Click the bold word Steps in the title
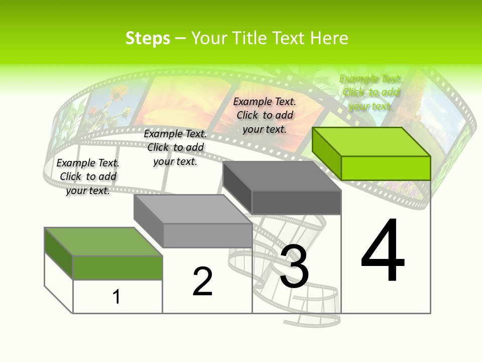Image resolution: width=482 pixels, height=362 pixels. (148, 39)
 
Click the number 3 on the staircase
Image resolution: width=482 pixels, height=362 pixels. (294, 266)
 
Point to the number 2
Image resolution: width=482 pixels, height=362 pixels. (203, 282)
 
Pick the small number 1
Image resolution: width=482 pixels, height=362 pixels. (116, 297)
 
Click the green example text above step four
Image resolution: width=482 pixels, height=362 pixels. (371, 92)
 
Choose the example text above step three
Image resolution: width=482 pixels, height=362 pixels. (265, 115)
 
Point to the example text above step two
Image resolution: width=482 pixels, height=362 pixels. (175, 147)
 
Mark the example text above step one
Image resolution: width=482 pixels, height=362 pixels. (88, 176)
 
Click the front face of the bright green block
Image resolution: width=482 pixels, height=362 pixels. (386, 168)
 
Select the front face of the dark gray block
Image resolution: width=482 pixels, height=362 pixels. (296, 203)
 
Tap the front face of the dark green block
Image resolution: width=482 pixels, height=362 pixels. (117, 267)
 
